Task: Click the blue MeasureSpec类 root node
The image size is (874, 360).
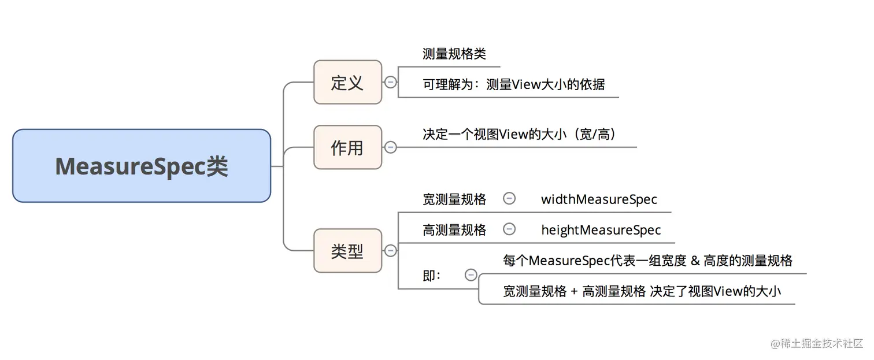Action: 142,166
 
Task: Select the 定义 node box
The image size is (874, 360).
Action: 347,82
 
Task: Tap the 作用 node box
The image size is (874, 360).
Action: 347,147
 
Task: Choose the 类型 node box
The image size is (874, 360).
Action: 347,251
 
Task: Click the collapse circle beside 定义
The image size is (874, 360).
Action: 391,82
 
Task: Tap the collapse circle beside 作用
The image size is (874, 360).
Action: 391,147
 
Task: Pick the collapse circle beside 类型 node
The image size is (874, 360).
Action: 391,250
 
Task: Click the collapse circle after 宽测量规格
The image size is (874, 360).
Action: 509,199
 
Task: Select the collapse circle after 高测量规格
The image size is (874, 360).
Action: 509,229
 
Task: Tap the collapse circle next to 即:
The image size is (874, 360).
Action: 471,275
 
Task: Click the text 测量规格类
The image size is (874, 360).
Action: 454,54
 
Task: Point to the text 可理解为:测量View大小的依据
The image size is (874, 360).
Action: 513,84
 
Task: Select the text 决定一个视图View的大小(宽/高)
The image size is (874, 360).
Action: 519,134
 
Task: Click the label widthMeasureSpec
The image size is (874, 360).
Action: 599,199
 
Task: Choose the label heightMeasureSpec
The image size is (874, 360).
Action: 601,230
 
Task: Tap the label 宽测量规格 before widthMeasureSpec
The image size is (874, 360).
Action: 454,199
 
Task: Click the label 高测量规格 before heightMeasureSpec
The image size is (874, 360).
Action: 454,230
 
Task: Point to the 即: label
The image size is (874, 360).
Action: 432,276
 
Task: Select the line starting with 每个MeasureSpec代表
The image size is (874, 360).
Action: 647,261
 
